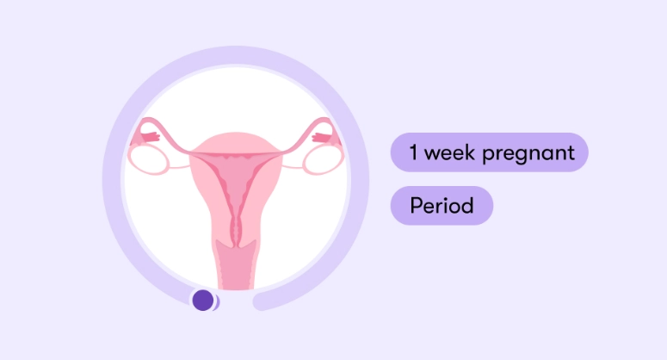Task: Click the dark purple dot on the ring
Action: pyautogui.click(x=203, y=300)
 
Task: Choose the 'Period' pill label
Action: pyautogui.click(x=442, y=206)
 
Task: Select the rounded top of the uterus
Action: pyautogui.click(x=233, y=140)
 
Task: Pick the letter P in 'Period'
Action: pyautogui.click(x=416, y=206)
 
